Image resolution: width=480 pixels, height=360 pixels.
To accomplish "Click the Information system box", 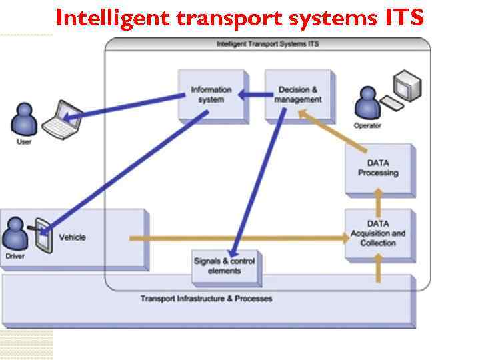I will point(211,95).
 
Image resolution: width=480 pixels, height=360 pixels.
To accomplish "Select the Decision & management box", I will point(298,95).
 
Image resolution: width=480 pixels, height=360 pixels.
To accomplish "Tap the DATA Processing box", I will point(378,168).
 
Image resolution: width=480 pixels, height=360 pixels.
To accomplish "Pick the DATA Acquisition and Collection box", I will point(378,233).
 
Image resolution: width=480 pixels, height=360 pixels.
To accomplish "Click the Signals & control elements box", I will point(224,266).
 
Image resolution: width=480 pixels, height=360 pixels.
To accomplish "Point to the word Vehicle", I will point(72,237).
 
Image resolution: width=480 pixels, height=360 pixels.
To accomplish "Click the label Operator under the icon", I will point(367,125).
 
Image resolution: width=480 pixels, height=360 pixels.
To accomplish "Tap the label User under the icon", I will point(24,142).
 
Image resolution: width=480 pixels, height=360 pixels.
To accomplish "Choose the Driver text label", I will point(15,255).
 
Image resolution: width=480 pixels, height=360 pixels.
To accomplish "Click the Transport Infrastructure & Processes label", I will point(206,299).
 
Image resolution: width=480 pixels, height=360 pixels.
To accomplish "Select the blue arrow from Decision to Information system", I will point(252,95).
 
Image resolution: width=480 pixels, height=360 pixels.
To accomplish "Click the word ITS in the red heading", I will point(403,18).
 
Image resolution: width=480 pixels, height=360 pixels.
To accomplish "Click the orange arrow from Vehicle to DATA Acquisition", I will point(240,237).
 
